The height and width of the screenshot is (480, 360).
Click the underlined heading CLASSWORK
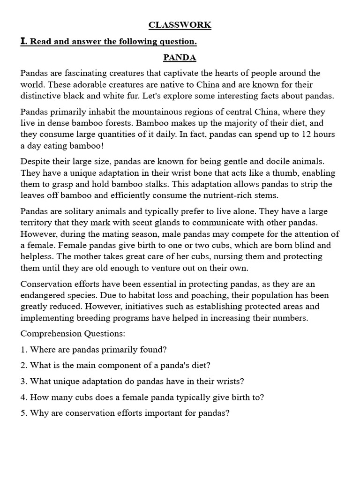pos(180,25)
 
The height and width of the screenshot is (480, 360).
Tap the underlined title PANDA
pos(180,58)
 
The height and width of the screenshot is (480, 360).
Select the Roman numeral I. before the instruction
pos(24,42)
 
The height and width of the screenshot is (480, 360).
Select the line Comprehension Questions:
pos(73,334)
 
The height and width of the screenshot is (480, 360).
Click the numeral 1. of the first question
pos(24,350)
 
